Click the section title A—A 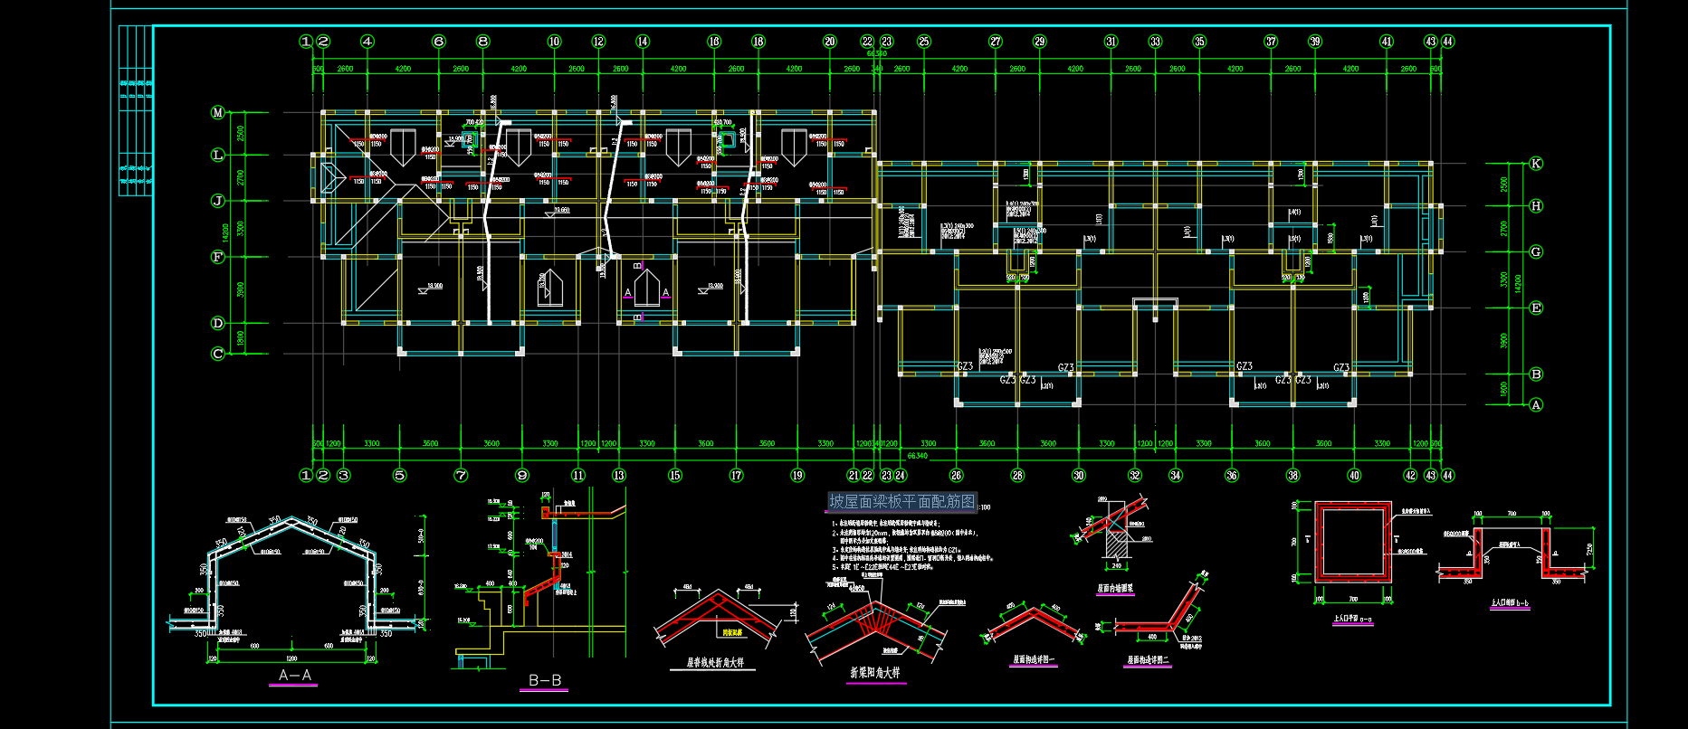(x=295, y=676)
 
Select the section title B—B (x=545, y=680)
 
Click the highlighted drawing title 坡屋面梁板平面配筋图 (x=902, y=502)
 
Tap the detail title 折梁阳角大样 (x=874, y=673)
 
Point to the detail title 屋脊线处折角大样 (x=714, y=663)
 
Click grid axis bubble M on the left (x=217, y=112)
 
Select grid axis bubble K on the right (x=1536, y=164)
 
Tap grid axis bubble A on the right (x=1536, y=405)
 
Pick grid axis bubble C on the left (x=217, y=354)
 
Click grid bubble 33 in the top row (x=1155, y=42)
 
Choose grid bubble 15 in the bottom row (x=675, y=476)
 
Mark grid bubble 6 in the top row (x=439, y=42)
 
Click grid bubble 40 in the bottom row (x=1354, y=476)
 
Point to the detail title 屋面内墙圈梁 (x=1115, y=588)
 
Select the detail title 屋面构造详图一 (x=1033, y=660)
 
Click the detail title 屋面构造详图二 (x=1148, y=660)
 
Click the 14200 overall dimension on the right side (x=1518, y=283)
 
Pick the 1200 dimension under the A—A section (x=291, y=658)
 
